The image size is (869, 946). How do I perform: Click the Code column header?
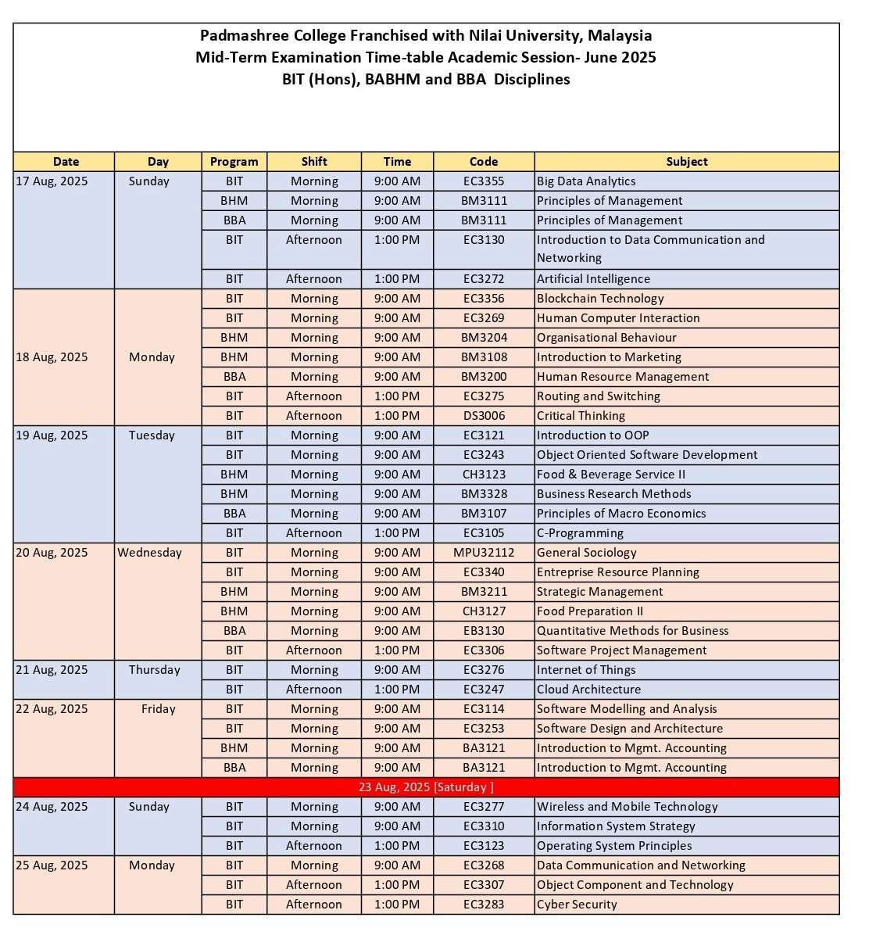click(484, 162)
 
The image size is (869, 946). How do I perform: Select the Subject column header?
click(687, 162)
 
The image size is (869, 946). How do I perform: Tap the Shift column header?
click(314, 162)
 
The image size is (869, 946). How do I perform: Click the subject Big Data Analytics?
click(586, 181)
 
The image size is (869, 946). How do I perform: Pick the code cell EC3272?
click(484, 279)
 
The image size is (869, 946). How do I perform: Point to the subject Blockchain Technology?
click(600, 299)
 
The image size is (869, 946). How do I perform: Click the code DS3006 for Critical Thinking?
click(484, 416)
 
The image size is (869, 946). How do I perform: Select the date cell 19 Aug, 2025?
click(52, 435)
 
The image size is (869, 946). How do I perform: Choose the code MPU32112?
click(484, 553)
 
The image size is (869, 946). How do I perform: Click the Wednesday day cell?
click(150, 553)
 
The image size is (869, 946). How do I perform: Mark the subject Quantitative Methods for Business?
click(632, 631)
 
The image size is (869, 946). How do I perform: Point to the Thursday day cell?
click(155, 670)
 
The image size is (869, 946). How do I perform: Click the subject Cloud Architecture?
click(588, 690)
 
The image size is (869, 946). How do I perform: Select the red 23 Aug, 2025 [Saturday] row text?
click(426, 787)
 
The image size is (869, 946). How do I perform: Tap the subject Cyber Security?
click(577, 905)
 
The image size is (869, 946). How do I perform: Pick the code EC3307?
click(484, 885)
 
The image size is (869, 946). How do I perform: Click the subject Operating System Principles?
click(614, 846)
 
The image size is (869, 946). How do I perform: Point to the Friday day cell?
click(159, 709)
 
